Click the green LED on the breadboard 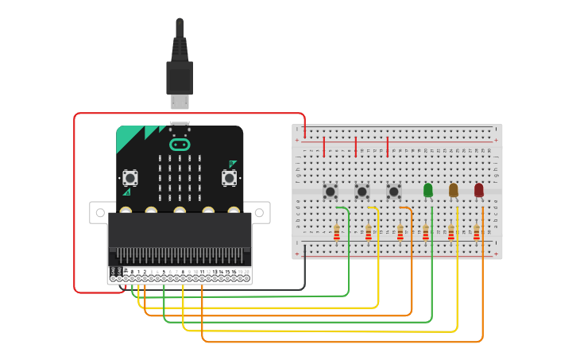coord(428,190)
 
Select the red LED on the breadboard coord(478,190)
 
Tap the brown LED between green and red coord(454,190)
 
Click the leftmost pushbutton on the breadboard coord(331,191)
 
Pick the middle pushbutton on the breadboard coord(362,191)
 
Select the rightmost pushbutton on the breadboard coord(394,191)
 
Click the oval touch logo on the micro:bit coord(180,145)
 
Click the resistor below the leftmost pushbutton coord(337,232)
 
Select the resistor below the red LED coord(477,232)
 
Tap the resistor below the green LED coord(426,232)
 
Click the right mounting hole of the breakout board coord(258,213)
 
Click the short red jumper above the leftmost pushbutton coord(324,146)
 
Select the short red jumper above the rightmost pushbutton coord(388,146)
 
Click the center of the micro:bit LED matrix coord(180,178)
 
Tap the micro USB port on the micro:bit coord(180,125)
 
